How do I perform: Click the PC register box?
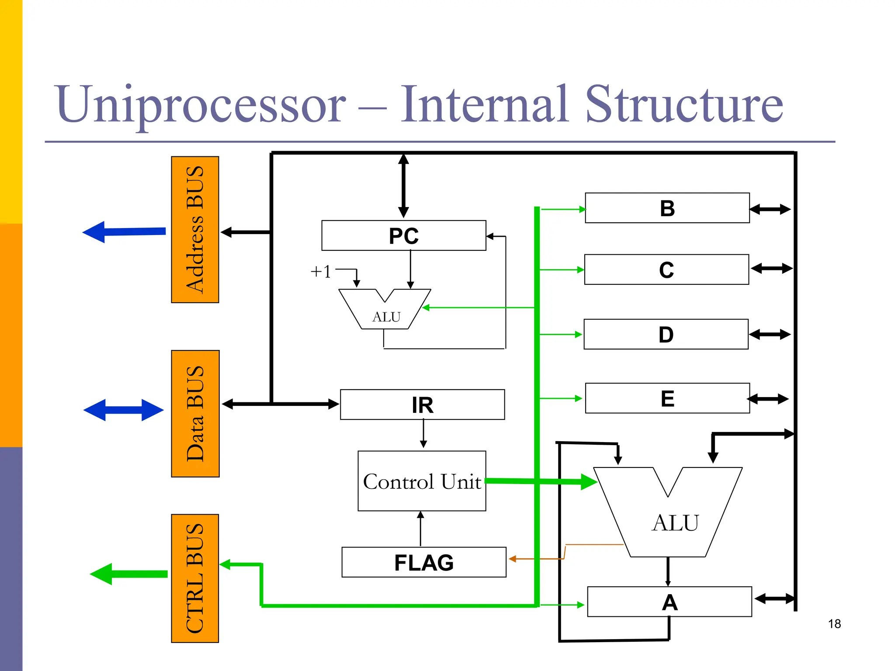coord(403,235)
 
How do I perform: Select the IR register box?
coord(422,405)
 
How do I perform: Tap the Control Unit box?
coord(422,481)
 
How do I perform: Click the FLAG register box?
coord(423,562)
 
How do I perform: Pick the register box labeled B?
coord(667,208)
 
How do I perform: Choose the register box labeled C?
coord(666,270)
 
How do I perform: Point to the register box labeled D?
coord(666,334)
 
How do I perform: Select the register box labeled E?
coord(667,398)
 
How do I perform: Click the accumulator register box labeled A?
coord(669,602)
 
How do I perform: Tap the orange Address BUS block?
coord(195,229)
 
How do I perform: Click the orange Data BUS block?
coord(195,413)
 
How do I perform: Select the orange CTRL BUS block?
coord(195,578)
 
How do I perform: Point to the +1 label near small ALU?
coord(320,271)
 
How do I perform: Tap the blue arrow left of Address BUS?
coord(124,232)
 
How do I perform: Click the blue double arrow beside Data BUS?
coord(123,410)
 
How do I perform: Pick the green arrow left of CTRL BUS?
coord(128,574)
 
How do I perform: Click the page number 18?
coord(834,624)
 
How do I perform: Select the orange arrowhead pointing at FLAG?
coord(513,559)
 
